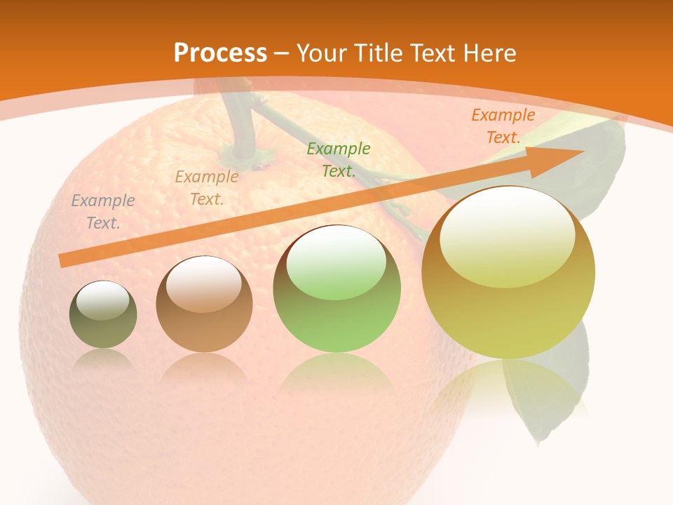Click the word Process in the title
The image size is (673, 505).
(220, 53)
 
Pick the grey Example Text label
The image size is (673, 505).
(103, 212)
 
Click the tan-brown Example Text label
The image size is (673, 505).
(207, 188)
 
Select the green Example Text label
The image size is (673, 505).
(339, 159)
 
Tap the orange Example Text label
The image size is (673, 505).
(503, 126)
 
